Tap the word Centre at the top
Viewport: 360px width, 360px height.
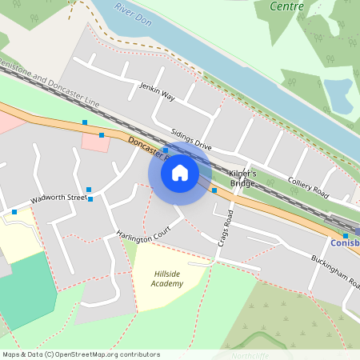pos(287,6)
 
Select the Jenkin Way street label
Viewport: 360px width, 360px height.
pos(157,90)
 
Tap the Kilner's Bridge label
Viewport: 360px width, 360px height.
pos(242,178)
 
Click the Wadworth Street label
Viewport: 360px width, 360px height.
pos(58,197)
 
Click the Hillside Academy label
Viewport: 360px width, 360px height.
pos(167,278)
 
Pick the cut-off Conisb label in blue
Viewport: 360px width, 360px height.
pos(345,242)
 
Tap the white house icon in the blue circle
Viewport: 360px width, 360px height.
pos(179,173)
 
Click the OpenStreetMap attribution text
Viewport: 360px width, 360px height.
pos(80,354)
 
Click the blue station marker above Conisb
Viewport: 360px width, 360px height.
pos(346,235)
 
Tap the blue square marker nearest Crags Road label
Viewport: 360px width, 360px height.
pos(214,190)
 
